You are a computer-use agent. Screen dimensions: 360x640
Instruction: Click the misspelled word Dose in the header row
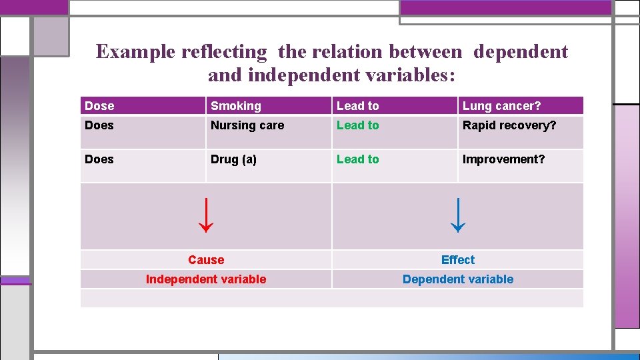[x=99, y=106]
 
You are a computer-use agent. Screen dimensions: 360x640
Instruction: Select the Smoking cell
[x=236, y=106]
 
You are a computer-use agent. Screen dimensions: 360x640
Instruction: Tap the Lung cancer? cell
[x=501, y=106]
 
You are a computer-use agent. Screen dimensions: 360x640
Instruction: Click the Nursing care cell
[x=247, y=125]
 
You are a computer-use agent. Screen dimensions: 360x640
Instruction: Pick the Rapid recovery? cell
[x=509, y=125]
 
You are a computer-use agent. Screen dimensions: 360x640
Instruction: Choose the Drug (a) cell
[x=233, y=159]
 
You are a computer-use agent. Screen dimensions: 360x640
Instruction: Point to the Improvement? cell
[x=503, y=159]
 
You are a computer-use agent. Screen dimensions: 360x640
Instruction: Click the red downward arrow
[x=206, y=215]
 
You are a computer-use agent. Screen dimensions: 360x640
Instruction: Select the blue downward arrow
[x=457, y=215]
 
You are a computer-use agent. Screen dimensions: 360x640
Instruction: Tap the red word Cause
[x=206, y=260]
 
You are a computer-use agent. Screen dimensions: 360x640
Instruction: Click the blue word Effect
[x=458, y=260]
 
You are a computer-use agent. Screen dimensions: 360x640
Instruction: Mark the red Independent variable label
[x=206, y=279]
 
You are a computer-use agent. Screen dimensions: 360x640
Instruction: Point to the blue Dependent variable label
[x=458, y=279]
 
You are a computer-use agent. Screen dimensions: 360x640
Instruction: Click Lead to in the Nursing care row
[x=357, y=125]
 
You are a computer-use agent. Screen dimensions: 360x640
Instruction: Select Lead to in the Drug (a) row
[x=357, y=159]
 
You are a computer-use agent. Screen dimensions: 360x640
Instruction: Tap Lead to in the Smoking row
[x=357, y=106]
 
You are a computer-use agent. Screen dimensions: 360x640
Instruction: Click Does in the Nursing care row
[x=99, y=125]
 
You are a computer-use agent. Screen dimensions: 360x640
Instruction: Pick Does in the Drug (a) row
[x=99, y=159]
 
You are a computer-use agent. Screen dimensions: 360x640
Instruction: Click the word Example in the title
[x=135, y=52]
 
